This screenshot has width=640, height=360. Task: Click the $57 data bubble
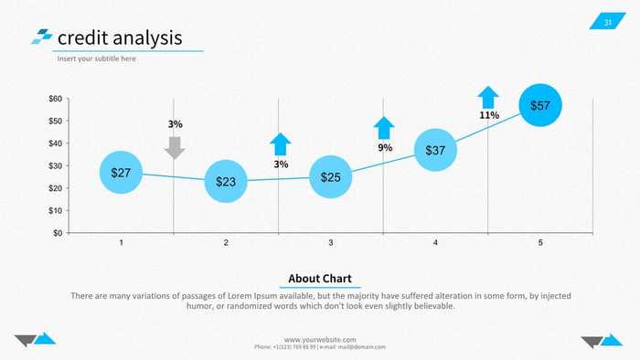[540, 105]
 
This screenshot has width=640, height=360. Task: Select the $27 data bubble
[121, 173]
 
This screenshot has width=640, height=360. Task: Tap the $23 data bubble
[226, 182]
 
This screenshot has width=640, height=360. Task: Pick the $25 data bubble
[331, 177]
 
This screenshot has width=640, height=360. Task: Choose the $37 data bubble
[435, 150]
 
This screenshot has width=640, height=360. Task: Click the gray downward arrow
[176, 147]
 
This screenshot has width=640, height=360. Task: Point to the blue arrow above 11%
[488, 97]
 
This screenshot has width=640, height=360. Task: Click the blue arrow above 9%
[384, 128]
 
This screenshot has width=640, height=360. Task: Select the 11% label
[489, 116]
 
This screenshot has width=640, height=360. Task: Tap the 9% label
[385, 147]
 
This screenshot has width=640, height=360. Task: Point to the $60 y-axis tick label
[56, 99]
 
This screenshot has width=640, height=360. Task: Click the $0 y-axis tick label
[58, 233]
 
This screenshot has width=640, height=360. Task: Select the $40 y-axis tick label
[56, 143]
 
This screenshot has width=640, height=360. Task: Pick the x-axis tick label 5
[540, 243]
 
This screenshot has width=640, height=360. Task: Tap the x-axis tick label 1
[122, 243]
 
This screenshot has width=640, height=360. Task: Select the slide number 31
[608, 22]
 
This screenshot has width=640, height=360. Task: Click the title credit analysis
[119, 38]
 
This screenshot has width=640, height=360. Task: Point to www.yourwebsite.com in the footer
[320, 339]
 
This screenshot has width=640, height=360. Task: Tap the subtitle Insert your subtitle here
[97, 58]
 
